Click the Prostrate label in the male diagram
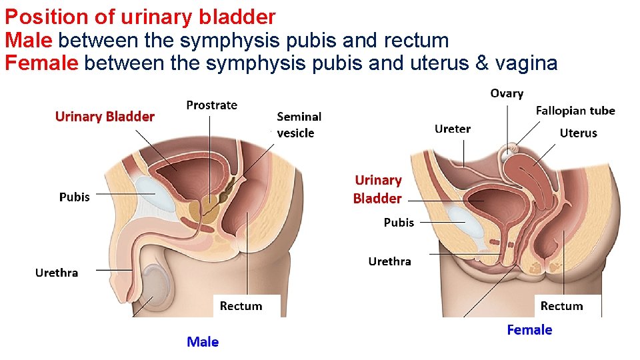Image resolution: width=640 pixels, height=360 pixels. (x=211, y=105)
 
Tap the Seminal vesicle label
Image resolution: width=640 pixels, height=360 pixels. (x=298, y=125)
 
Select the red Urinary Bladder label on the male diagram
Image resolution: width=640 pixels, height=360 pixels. (x=105, y=117)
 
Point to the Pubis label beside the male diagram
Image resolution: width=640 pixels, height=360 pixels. (x=74, y=197)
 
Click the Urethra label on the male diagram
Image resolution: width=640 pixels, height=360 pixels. (x=57, y=273)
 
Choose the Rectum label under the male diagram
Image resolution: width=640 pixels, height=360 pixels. (x=241, y=306)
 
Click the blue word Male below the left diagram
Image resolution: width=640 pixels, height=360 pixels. (x=203, y=342)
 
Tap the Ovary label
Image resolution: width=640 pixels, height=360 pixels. (x=507, y=93)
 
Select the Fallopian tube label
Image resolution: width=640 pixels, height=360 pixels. (x=575, y=111)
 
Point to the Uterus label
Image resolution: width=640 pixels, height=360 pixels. (x=578, y=133)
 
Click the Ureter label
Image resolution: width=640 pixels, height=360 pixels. (x=453, y=129)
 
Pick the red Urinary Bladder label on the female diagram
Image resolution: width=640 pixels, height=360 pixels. (x=378, y=189)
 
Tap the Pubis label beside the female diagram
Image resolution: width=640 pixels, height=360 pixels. (x=399, y=222)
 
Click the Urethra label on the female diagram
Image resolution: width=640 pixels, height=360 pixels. (x=389, y=261)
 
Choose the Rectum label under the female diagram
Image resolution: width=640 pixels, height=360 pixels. (x=561, y=306)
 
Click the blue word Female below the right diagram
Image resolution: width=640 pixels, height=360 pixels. (x=529, y=330)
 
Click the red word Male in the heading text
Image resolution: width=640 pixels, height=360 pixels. (x=29, y=40)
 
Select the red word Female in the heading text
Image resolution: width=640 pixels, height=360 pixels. (x=42, y=63)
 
